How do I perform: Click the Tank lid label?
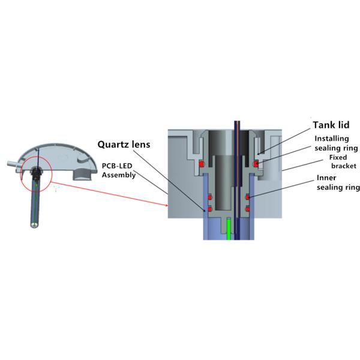point(332,125)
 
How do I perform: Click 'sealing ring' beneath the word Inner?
point(338,187)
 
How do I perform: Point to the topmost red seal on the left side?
point(202,164)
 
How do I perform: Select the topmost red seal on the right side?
point(255,163)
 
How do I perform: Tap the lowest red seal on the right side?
point(248,209)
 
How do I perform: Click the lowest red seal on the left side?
point(209,209)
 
